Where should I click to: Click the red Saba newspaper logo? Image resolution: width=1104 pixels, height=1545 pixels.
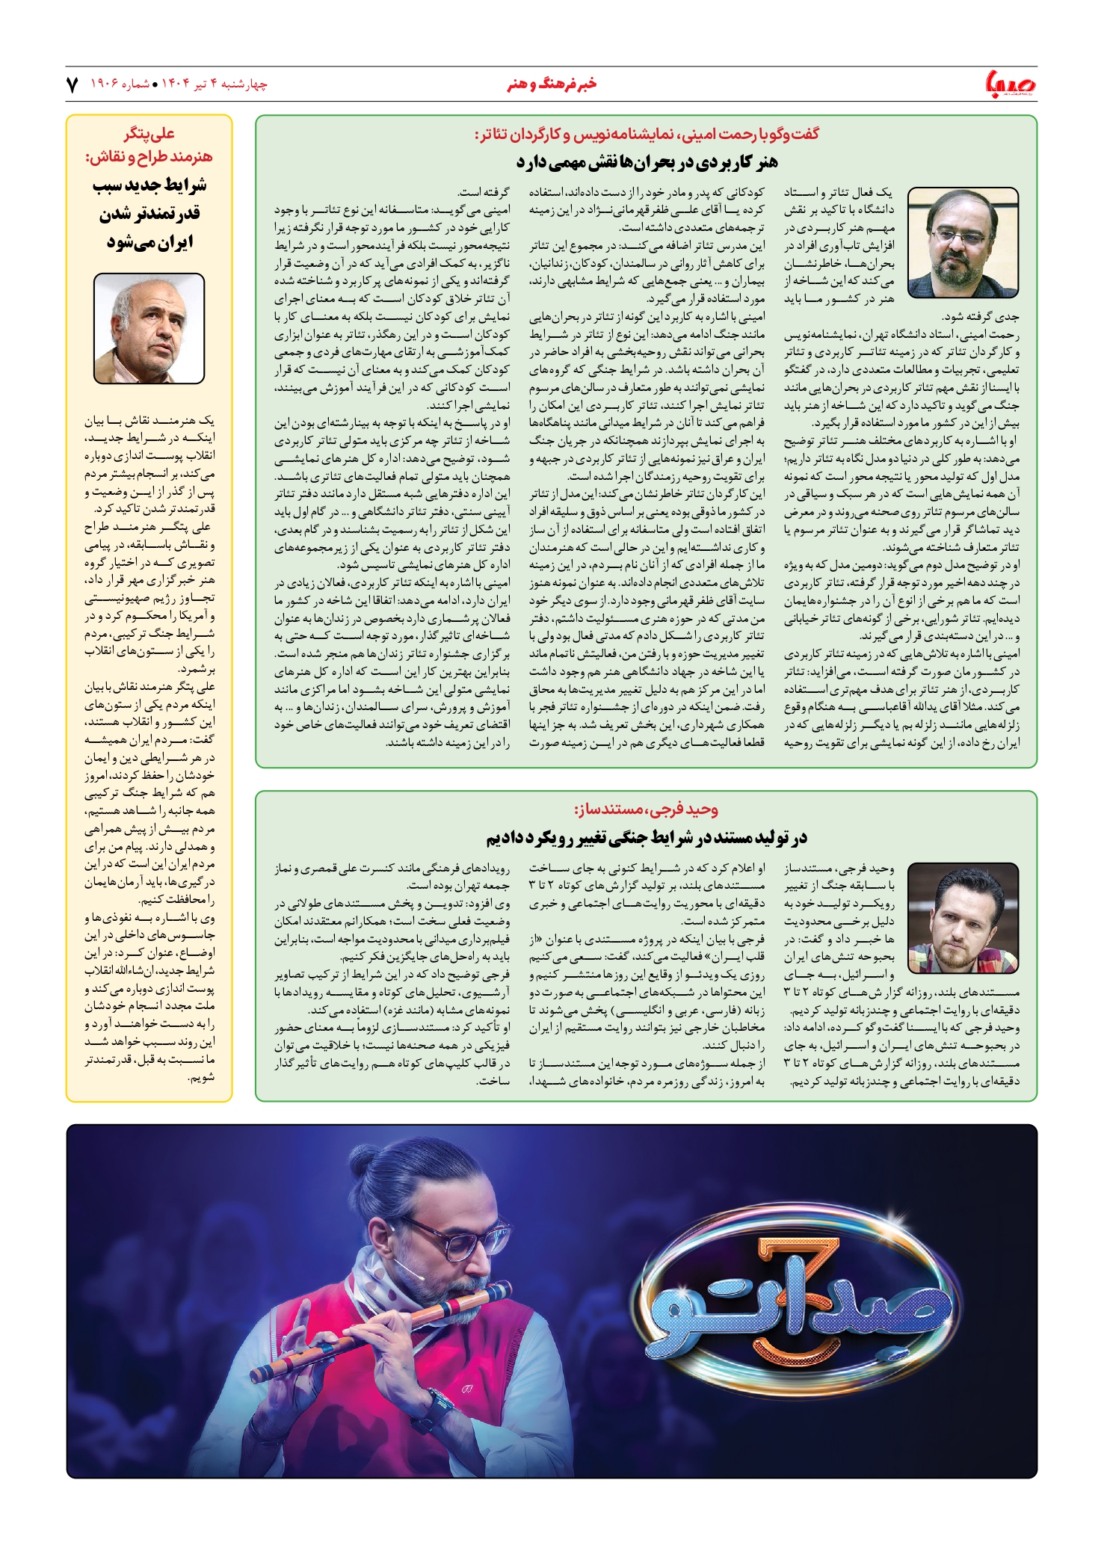(1009, 84)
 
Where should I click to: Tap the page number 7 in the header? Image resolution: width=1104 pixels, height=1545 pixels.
(73, 84)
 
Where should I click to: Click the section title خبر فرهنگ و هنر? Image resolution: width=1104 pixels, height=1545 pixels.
(552, 84)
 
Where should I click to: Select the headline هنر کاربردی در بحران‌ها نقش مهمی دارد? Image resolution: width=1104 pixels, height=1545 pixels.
(647, 161)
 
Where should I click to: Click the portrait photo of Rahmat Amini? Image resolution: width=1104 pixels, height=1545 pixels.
(963, 242)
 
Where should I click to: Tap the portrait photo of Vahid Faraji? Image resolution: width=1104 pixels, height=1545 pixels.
(963, 917)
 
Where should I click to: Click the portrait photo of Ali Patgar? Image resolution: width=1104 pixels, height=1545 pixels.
(149, 328)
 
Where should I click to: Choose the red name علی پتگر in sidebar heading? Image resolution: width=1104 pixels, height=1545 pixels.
(149, 135)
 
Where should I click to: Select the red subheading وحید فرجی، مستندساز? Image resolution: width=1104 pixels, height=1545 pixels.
(646, 809)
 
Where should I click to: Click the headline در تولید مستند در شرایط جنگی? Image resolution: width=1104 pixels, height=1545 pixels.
(647, 838)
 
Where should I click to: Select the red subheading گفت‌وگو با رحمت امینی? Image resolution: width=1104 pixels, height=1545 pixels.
(647, 135)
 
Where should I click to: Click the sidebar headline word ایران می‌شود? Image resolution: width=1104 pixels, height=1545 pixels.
(149, 242)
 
